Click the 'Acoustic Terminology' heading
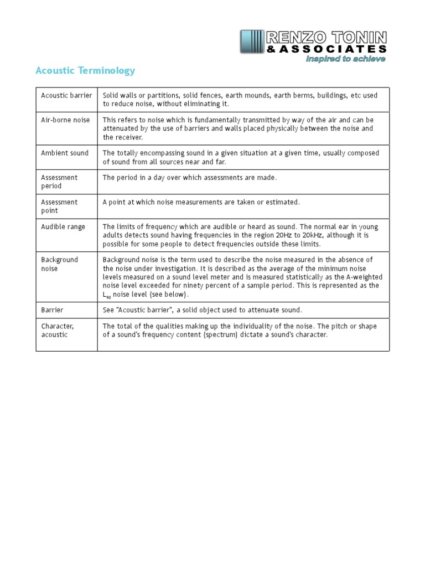pos(85,71)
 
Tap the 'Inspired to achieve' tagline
pos(346,59)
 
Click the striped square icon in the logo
pos(252,43)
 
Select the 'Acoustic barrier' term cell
pos(66,95)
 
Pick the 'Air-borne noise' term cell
pos(65,120)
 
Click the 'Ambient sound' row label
pos(65,153)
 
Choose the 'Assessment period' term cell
pos(59,182)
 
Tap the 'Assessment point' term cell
pos(59,206)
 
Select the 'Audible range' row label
pos(63,227)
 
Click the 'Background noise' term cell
pos(59,264)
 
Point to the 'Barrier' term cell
pos(53,310)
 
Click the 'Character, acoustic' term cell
pos(57,330)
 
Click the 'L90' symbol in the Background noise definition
pos(107,295)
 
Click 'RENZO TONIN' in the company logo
pos(326,38)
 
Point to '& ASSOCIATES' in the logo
pos(326,49)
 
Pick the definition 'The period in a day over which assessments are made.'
pos(190,178)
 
